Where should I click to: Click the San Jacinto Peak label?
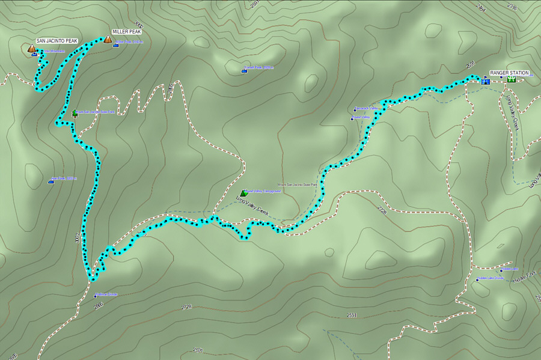[x=57, y=41]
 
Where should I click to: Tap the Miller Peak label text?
[x=126, y=32]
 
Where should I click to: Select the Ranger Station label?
[x=509, y=73]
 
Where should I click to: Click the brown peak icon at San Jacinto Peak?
[x=31, y=48]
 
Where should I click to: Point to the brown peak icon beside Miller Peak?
[x=108, y=40]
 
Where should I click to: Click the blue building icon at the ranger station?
[x=484, y=81]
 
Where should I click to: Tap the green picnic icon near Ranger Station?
[x=511, y=79]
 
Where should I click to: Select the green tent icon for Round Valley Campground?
[x=243, y=193]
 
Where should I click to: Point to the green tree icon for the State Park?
[x=75, y=112]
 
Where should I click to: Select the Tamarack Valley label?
[x=368, y=108]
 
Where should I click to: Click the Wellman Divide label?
[x=108, y=294]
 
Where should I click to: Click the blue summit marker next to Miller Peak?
[x=115, y=44]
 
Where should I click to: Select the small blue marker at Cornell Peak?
[x=244, y=71]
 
